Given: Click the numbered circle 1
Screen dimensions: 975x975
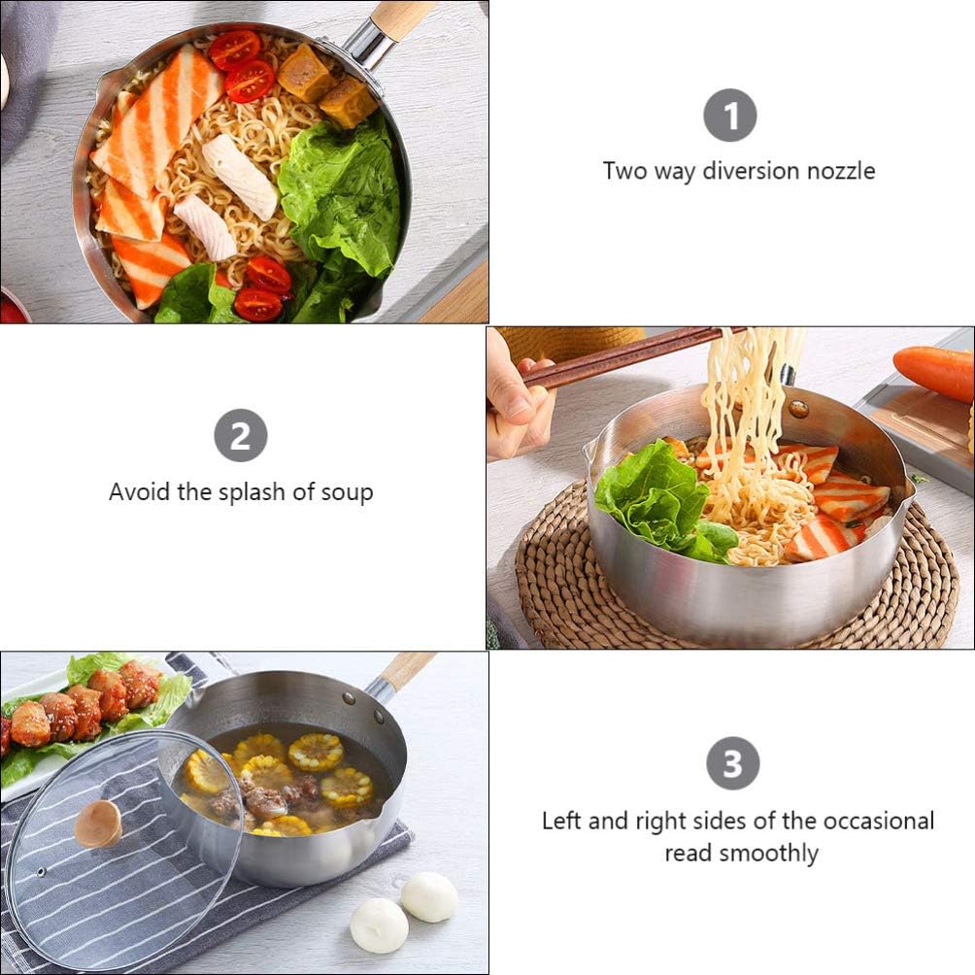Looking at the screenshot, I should [x=729, y=115].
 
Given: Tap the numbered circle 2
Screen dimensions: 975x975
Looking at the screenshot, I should [x=240, y=435].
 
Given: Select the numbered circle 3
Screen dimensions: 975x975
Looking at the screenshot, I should [x=732, y=763].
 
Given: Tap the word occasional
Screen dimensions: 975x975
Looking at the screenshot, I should [x=878, y=821].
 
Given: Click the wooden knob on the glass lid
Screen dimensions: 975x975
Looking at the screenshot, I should [x=98, y=824].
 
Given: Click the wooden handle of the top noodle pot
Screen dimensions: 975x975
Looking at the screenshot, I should [x=402, y=17].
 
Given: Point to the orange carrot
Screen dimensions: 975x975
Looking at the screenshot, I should [x=933, y=372].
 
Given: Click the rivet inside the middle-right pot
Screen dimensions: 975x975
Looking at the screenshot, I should [x=798, y=408].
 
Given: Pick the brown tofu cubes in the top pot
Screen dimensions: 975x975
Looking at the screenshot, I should [x=326, y=85].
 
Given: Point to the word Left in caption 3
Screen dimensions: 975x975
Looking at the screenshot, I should [x=561, y=821].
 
